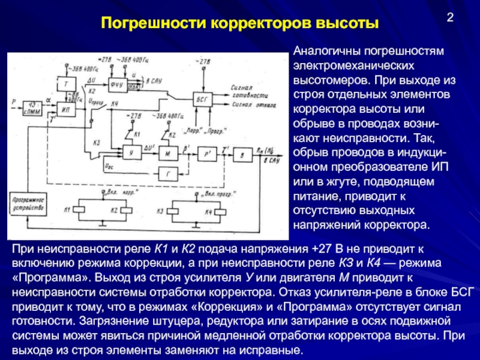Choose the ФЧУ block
[116, 84]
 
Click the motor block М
[169, 154]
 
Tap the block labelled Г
[169, 175]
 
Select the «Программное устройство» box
[27, 205]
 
